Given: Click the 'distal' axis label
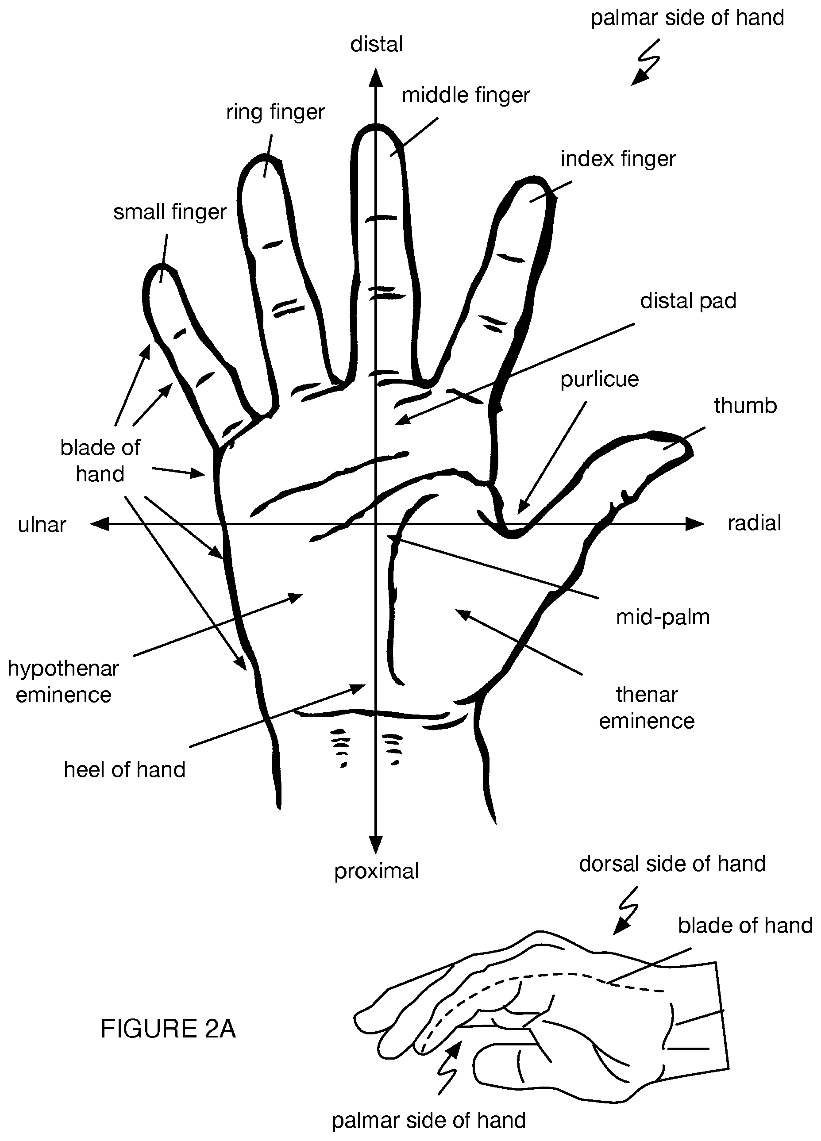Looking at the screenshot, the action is (x=376, y=44).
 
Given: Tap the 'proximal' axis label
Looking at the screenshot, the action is (x=376, y=871).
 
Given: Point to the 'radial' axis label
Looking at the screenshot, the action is (x=754, y=523).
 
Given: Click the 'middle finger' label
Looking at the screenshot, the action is (x=466, y=95).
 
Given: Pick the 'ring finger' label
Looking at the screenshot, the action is (x=275, y=111).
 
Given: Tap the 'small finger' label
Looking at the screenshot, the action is (x=170, y=212).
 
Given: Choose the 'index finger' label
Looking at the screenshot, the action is (x=618, y=159).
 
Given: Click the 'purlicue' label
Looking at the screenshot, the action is (x=600, y=379).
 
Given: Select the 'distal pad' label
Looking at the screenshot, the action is (x=688, y=301).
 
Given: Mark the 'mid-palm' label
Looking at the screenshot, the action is (x=663, y=617).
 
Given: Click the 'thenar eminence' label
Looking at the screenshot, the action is (x=646, y=707).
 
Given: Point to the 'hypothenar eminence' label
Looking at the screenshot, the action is (x=63, y=681).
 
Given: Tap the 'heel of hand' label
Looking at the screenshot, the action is (x=124, y=769).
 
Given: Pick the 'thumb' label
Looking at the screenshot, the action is (x=745, y=406).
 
